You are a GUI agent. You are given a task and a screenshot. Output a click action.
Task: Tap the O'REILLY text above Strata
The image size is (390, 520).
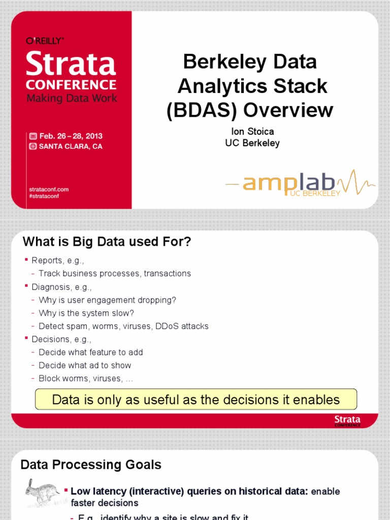[x=45, y=41]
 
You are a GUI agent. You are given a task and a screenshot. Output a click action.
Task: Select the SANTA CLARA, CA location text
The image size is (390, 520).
[x=71, y=146]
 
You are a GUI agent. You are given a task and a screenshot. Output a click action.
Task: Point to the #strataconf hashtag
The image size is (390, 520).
[x=44, y=196]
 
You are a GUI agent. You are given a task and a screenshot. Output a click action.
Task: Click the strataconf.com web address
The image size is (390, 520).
[x=49, y=189]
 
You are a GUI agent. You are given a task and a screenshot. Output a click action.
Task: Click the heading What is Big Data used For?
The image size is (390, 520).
[x=107, y=242]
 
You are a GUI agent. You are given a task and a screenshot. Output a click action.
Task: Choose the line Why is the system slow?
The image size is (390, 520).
[x=86, y=313]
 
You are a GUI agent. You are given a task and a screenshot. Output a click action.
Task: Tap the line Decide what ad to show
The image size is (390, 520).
[x=85, y=365]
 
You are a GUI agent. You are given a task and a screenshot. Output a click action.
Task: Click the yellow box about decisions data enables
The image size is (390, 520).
[x=196, y=400]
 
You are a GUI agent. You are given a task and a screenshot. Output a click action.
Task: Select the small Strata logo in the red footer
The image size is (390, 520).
[x=347, y=420]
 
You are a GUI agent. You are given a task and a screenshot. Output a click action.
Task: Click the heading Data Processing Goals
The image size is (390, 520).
[x=91, y=464]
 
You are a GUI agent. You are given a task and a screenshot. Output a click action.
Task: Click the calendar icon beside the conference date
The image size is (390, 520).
[x=33, y=136]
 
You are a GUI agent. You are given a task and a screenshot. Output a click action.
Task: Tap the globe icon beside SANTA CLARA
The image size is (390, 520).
[x=33, y=146]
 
